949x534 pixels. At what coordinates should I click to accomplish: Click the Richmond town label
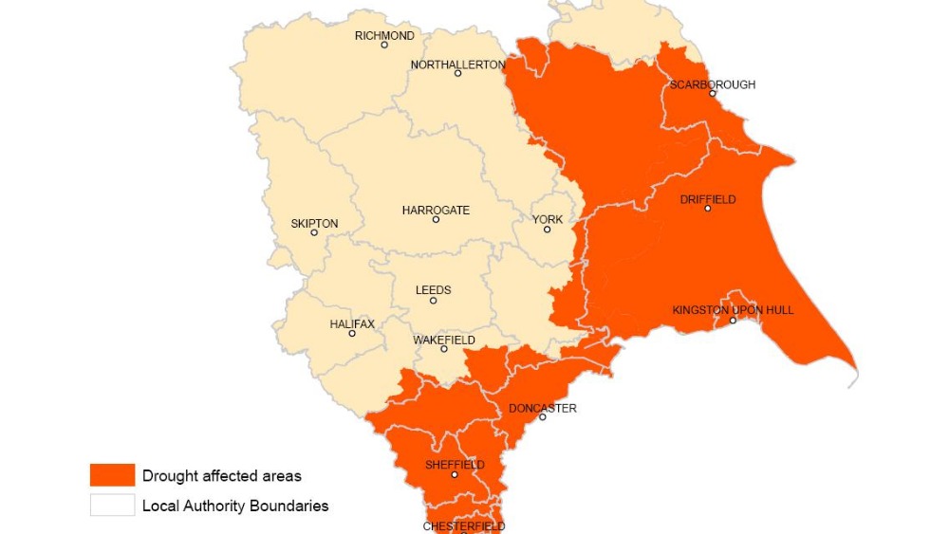(x=384, y=36)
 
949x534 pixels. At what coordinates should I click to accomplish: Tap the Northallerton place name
(x=457, y=64)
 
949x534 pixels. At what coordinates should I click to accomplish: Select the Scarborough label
(x=712, y=84)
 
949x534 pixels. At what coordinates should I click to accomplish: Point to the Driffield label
(x=707, y=199)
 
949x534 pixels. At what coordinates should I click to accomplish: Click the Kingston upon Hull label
(x=733, y=310)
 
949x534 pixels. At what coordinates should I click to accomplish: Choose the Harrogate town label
(x=436, y=210)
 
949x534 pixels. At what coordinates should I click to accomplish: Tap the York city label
(x=548, y=219)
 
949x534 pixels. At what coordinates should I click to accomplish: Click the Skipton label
(x=314, y=224)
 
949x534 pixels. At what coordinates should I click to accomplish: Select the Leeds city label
(x=433, y=290)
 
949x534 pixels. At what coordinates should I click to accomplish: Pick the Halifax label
(x=352, y=323)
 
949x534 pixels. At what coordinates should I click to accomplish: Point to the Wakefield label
(x=443, y=340)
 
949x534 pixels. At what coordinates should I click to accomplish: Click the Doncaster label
(x=542, y=408)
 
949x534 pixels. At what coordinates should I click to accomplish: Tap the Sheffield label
(x=455, y=465)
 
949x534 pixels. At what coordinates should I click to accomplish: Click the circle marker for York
(x=548, y=230)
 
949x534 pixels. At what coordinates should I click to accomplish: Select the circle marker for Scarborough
(x=713, y=94)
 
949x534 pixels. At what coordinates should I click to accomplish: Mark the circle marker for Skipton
(x=314, y=233)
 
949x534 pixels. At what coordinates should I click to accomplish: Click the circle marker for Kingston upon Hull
(x=733, y=321)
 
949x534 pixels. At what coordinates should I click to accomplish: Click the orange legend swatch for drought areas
(x=112, y=475)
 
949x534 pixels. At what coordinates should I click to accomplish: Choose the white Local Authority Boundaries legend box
(x=112, y=505)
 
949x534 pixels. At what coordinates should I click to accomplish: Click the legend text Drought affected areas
(x=221, y=476)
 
